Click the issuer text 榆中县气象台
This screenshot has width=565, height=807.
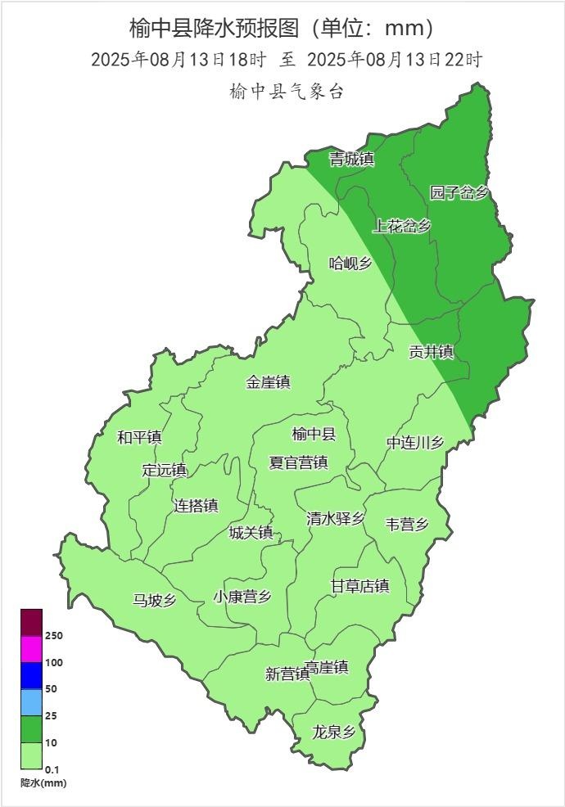[287, 92]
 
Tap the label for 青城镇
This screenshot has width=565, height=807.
[351, 159]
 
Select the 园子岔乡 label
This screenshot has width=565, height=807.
[459, 193]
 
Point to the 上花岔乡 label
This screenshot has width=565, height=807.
[401, 226]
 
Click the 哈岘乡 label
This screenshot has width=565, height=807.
[350, 263]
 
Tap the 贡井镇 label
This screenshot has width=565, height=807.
[432, 352]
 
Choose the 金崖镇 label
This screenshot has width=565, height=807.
[269, 382]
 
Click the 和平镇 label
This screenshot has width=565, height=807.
[139, 437]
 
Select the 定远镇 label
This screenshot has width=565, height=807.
[165, 471]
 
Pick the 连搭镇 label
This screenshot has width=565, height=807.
[196, 506]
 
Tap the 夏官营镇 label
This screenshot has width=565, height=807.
[299, 462]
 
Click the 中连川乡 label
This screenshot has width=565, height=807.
[415, 443]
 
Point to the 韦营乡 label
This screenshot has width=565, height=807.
[407, 525]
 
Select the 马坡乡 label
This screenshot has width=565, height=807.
[155, 600]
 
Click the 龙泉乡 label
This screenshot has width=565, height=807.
[334, 732]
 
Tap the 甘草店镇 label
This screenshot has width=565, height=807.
[359, 586]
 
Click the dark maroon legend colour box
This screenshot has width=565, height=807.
[31, 622]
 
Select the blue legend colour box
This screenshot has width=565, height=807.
[31, 675]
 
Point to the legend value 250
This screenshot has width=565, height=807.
[55, 635]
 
